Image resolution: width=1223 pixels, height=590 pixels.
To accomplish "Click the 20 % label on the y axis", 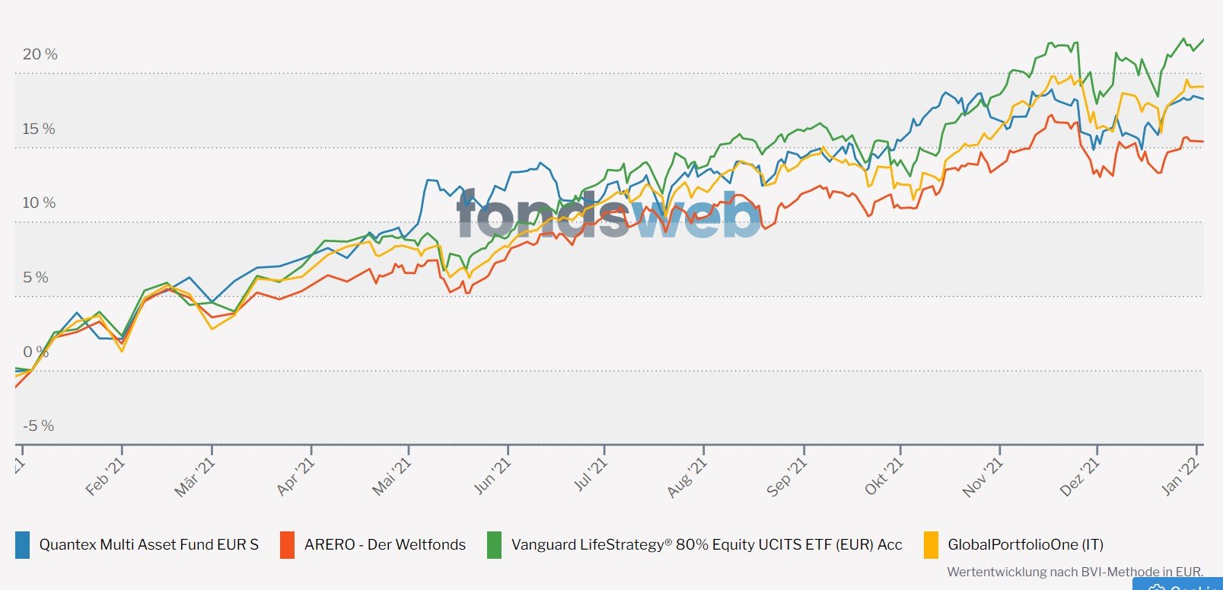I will click(40, 54).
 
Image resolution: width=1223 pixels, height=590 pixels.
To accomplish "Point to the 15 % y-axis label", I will click(39, 129).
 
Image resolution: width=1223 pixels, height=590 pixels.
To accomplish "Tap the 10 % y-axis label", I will click(39, 203).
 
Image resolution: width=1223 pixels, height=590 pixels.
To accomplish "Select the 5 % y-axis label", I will click(35, 277).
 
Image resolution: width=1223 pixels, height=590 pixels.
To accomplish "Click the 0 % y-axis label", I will click(35, 352).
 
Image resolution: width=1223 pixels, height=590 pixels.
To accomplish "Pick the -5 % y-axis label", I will click(38, 426).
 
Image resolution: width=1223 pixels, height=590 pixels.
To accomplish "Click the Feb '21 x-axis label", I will click(106, 477).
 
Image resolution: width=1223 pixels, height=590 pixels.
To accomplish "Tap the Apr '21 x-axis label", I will click(295, 477).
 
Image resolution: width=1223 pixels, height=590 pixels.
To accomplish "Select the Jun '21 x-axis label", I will click(492, 477).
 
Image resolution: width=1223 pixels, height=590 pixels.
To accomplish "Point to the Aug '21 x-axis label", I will click(687, 477).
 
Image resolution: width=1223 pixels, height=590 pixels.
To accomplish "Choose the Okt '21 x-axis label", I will click(884, 477).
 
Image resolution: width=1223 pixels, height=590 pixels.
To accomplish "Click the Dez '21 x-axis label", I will click(1080, 477).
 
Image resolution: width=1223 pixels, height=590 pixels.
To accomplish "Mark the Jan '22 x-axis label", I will click(1181, 477).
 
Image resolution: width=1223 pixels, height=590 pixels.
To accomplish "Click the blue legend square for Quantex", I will click(22, 544).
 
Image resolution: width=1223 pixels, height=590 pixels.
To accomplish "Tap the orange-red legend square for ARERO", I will click(287, 544).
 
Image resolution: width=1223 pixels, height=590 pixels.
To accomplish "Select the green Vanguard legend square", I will click(494, 544).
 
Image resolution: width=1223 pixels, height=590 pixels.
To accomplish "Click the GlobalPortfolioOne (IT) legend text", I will click(1025, 544).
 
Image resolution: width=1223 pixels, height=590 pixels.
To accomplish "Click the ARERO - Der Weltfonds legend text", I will click(384, 544).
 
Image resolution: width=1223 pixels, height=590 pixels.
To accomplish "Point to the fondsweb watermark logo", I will click(609, 215).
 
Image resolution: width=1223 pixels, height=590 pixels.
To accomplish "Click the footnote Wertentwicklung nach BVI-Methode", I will click(1075, 572).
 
